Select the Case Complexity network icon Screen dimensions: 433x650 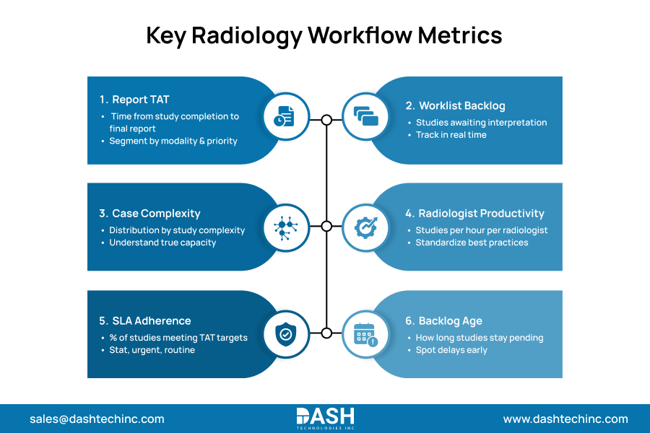pos(283,227)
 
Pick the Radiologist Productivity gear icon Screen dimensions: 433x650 pos(365,227)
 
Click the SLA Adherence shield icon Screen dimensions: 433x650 pos(283,333)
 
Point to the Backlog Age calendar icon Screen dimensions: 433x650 pos(365,333)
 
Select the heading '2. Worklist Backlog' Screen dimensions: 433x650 pos(464,105)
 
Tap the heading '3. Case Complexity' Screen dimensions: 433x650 pos(149,213)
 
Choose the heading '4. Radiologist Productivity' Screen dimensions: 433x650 pos(474,213)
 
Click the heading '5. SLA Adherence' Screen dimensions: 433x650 pos(144,320)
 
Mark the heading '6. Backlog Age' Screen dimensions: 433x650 pos(443,320)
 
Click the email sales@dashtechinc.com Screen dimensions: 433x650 pos(97,419)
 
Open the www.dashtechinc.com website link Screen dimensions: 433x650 pos(565,419)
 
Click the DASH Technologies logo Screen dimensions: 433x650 pos(325,419)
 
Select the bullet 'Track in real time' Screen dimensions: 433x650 pos(451,135)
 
